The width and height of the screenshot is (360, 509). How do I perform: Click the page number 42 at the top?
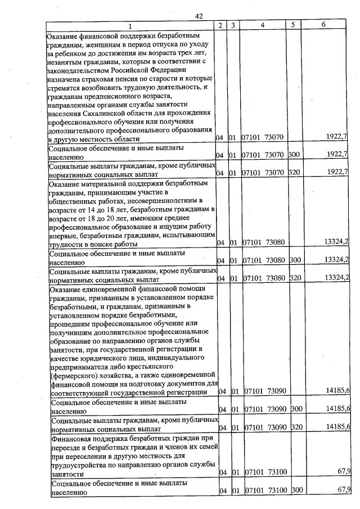pyautogui.click(x=199, y=16)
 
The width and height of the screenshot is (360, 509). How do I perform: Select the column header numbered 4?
pyautogui.click(x=263, y=25)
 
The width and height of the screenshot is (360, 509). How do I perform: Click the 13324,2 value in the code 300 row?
pyautogui.click(x=336, y=260)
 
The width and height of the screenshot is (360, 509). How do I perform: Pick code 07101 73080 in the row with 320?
pyautogui.click(x=263, y=277)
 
